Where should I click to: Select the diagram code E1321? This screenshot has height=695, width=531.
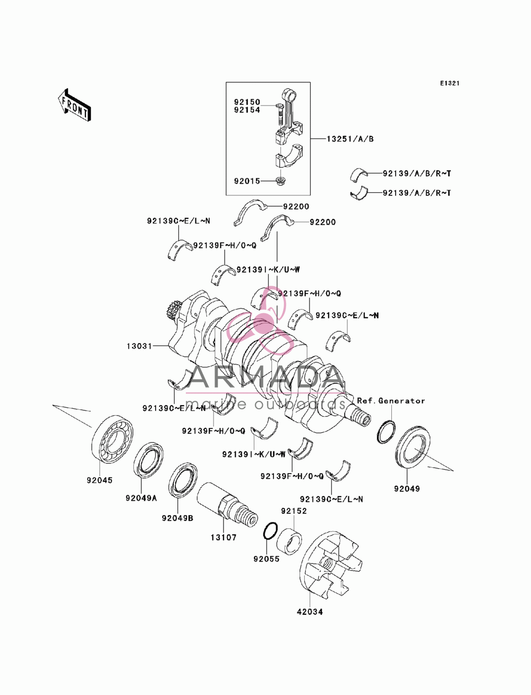(x=450, y=83)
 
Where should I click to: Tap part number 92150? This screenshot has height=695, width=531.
(x=247, y=102)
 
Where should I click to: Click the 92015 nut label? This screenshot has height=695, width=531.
(x=247, y=181)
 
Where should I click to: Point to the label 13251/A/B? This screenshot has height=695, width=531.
(x=350, y=139)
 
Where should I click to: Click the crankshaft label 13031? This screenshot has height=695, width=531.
(x=140, y=346)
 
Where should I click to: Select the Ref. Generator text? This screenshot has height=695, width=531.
(x=391, y=400)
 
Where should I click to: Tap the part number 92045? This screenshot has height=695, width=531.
(x=100, y=481)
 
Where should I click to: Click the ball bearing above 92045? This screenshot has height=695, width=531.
(x=113, y=439)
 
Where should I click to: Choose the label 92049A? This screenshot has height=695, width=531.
(x=141, y=498)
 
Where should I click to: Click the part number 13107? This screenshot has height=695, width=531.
(x=224, y=537)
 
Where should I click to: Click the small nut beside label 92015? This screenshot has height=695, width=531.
(x=280, y=182)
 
